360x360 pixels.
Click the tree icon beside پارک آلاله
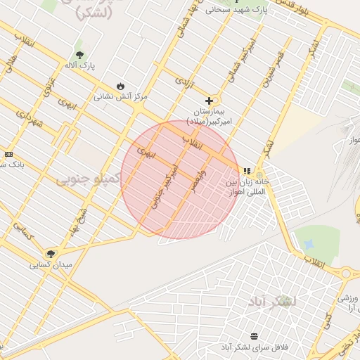pos(78,54)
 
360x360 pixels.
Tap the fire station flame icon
pos(120,86)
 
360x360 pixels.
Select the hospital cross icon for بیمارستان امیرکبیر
pos(209,101)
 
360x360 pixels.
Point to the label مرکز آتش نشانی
pos(122,96)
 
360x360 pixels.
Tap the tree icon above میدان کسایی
pos(51,254)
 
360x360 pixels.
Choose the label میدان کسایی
pos(51,265)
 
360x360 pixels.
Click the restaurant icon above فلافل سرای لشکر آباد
pos(254,336)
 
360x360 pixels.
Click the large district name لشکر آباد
pos(272,302)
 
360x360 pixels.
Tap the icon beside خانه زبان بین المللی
pos(246,171)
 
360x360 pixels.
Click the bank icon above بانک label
pos(8,154)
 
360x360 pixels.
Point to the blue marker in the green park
pos(309,244)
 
